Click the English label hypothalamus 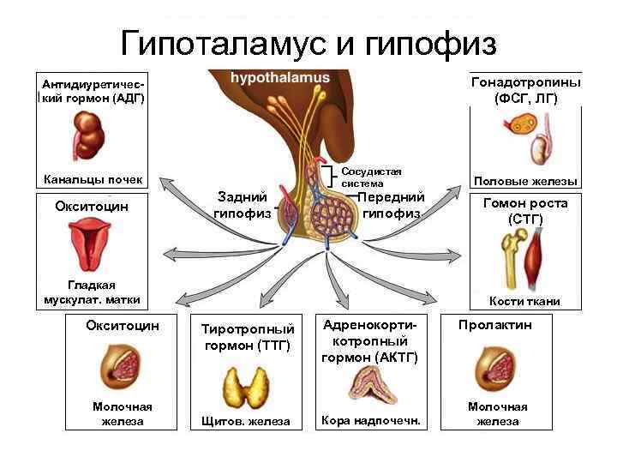279,78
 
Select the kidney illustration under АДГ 86,134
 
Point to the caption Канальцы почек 93,180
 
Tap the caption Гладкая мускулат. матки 92,292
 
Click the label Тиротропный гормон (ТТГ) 247,337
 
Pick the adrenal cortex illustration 370,383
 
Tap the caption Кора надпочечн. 370,420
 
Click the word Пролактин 494,326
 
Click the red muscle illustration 536,256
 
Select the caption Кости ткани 524,301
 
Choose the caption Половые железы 525,181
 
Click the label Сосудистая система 371,177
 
